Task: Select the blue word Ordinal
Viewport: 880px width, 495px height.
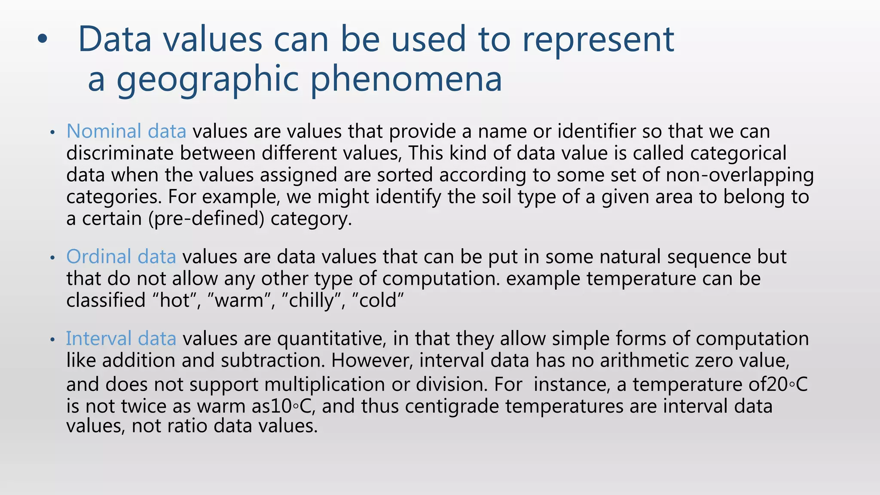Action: click(98, 257)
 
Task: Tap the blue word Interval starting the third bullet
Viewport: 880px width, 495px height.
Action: click(98, 339)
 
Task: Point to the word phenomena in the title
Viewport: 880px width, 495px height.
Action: click(406, 79)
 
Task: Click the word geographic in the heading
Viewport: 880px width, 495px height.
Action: click(208, 79)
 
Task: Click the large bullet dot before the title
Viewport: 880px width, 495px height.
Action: click(42, 40)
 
